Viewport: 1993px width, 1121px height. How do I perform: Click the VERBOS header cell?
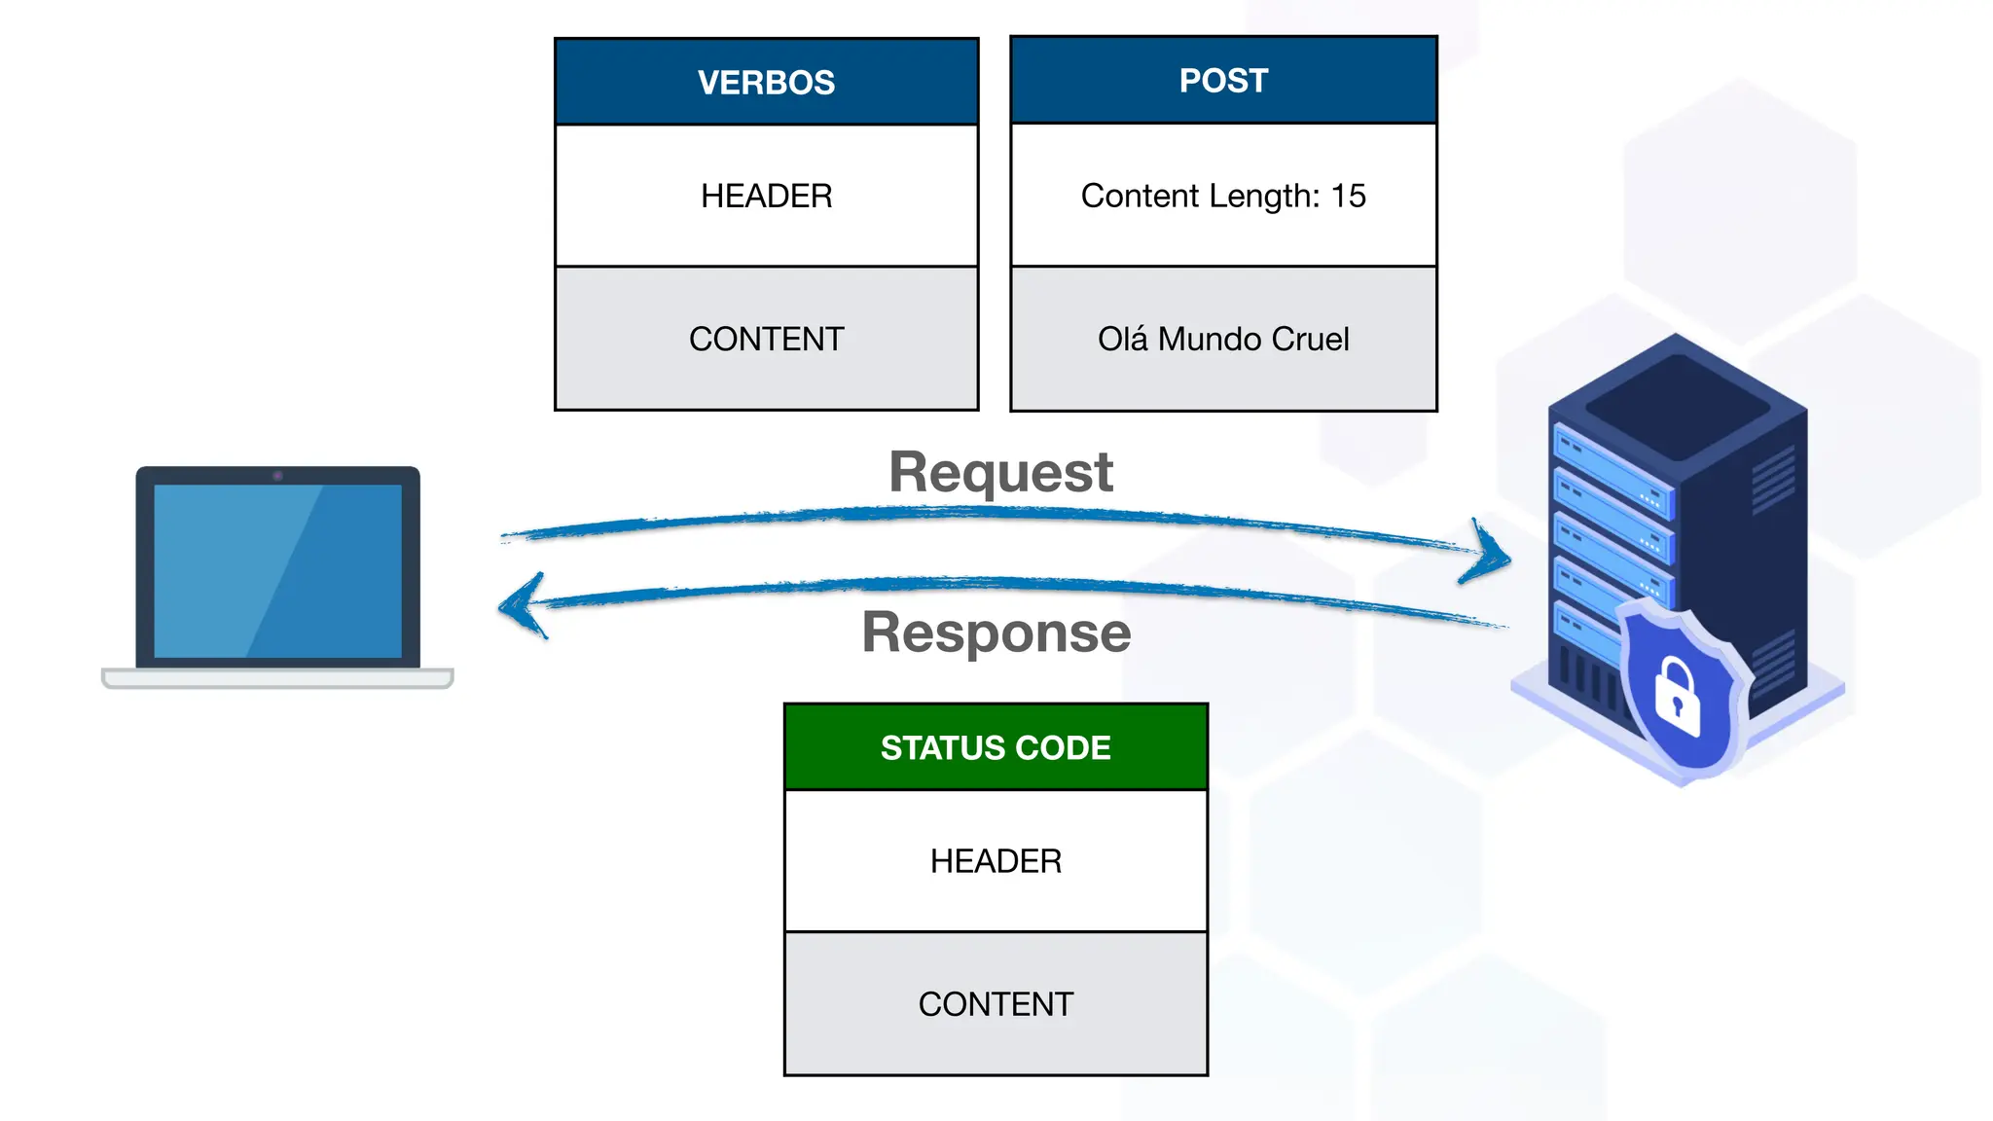click(x=766, y=82)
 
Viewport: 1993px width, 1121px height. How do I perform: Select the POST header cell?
click(x=1223, y=80)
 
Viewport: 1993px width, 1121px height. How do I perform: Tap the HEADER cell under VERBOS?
click(x=766, y=196)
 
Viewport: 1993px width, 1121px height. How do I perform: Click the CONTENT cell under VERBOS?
click(x=766, y=339)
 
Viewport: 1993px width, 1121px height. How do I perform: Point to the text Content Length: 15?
click(x=1223, y=196)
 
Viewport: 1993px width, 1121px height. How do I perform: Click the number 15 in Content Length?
click(x=1349, y=196)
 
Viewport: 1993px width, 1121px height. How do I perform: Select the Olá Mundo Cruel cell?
click(x=1223, y=339)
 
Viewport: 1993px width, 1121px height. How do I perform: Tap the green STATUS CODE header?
click(x=996, y=747)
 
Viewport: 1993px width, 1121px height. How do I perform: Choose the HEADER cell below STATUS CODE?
click(x=996, y=861)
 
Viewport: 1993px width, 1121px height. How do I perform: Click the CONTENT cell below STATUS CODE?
click(x=996, y=1004)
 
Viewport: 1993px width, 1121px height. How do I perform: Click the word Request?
click(x=1000, y=473)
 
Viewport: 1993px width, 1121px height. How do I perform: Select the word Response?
click(x=996, y=633)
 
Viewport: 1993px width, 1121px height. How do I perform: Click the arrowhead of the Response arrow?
click(x=516, y=605)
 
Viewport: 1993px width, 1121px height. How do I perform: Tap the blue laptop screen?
click(x=277, y=571)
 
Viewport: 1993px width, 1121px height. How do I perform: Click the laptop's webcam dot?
click(x=277, y=476)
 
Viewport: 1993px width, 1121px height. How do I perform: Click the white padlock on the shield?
click(x=1677, y=698)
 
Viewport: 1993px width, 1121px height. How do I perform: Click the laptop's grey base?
click(x=277, y=678)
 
